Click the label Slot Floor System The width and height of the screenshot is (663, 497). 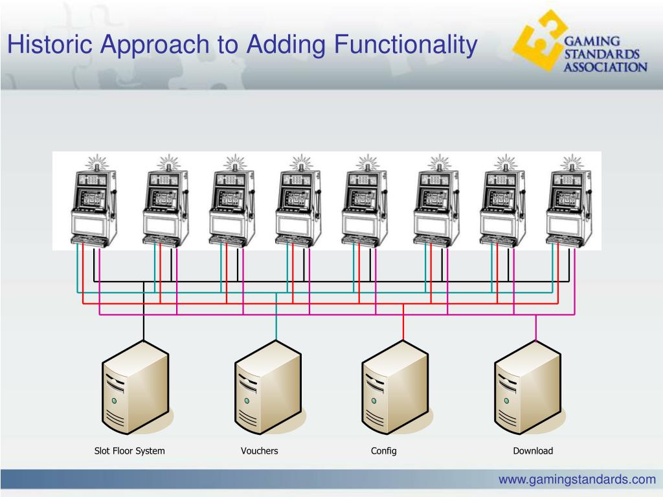tap(130, 451)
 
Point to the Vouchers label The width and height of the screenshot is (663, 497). tap(260, 451)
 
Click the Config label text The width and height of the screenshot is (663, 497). tap(384, 451)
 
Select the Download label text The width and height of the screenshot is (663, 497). tap(533, 451)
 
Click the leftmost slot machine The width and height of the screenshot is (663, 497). tap(93, 201)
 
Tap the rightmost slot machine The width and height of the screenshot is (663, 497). tap(568, 201)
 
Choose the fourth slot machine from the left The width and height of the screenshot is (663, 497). tap(298, 201)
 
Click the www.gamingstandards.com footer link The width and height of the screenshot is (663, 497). tap(577, 480)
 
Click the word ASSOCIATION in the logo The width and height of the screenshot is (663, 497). tap(604, 66)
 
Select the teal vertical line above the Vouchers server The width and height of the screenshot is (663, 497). tap(276, 317)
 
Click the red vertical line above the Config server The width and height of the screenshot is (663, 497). tap(403, 321)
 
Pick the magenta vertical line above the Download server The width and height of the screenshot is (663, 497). tap(536, 327)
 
